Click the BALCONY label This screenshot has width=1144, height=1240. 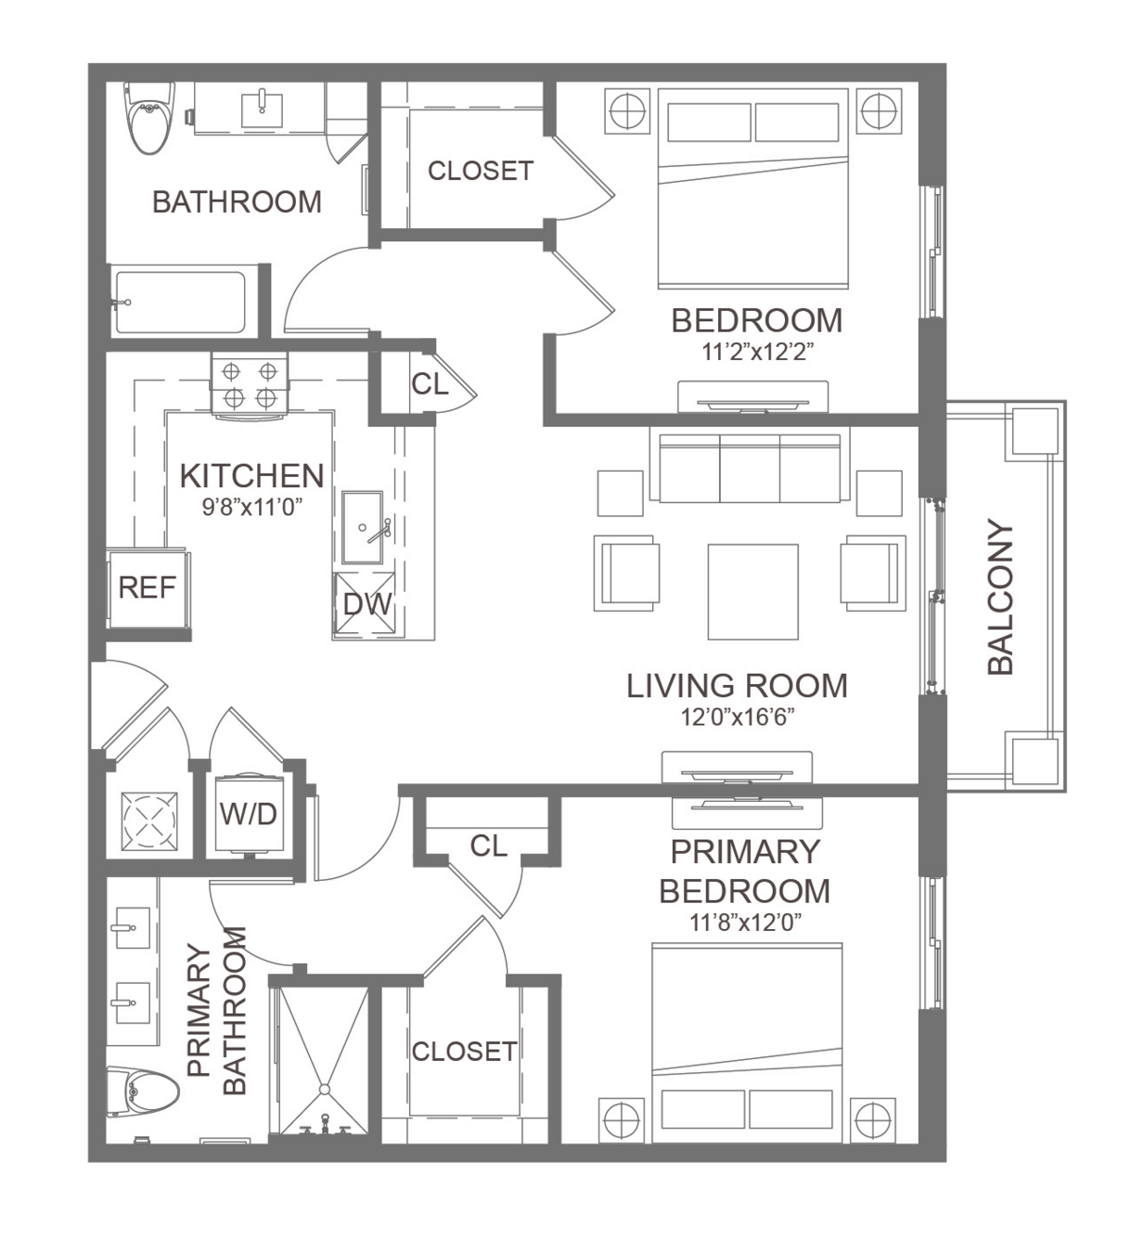(x=1000, y=597)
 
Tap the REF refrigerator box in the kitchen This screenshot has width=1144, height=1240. (x=148, y=588)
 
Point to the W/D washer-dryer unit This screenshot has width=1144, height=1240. (x=249, y=814)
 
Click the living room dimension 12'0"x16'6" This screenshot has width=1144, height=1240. (x=738, y=717)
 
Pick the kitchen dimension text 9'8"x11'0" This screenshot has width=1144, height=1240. (x=252, y=507)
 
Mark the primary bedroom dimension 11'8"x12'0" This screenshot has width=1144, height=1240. (x=745, y=922)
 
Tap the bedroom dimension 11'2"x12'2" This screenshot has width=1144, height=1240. (x=757, y=352)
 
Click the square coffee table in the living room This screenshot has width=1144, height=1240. (x=752, y=592)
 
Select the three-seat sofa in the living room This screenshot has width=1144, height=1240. (x=750, y=467)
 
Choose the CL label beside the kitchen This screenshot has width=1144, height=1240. (x=430, y=384)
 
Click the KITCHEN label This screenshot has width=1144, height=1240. (x=251, y=476)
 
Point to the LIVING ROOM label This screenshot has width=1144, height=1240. (x=737, y=686)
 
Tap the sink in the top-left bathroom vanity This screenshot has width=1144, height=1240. (x=262, y=110)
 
